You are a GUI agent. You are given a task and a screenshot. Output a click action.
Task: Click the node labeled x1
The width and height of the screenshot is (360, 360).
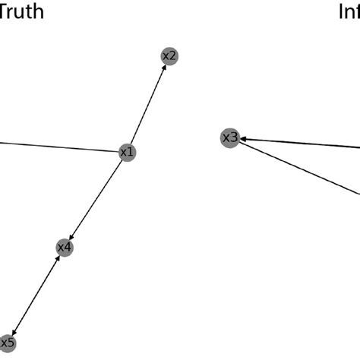click(128, 153)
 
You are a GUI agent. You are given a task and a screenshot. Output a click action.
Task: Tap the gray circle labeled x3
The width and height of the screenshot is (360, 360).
click(229, 137)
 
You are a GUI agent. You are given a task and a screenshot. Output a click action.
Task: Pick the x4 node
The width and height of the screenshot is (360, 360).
click(65, 248)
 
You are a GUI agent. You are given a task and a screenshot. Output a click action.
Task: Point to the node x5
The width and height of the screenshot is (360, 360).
click(7, 343)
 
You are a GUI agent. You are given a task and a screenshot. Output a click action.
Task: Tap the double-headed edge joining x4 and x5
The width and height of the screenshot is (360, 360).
click(36, 295)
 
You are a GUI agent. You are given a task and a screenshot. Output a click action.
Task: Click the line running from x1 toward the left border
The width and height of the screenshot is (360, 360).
click(61, 147)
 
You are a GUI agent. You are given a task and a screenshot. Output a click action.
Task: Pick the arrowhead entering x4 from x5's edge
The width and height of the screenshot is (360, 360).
click(59, 258)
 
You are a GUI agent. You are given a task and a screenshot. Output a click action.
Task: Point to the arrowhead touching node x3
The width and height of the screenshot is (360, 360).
click(244, 139)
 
